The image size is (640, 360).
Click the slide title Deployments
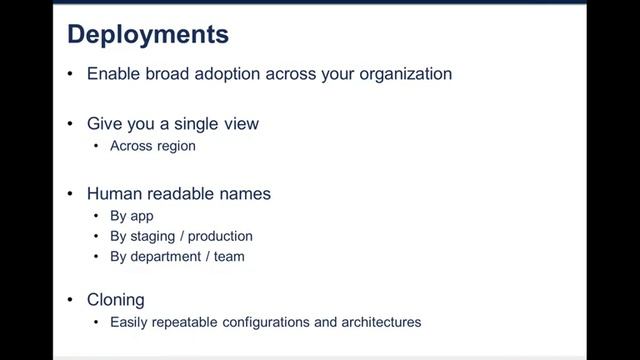pos(148,36)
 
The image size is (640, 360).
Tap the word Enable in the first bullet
pos(113,74)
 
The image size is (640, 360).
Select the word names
pos(247,194)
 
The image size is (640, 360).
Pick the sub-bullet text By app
pos(132,216)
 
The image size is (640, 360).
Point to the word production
pos(220,236)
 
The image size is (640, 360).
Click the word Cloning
pos(116,300)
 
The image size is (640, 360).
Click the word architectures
pos(384,322)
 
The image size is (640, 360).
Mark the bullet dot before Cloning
pos(70,300)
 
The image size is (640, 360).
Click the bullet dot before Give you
pos(70,124)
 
